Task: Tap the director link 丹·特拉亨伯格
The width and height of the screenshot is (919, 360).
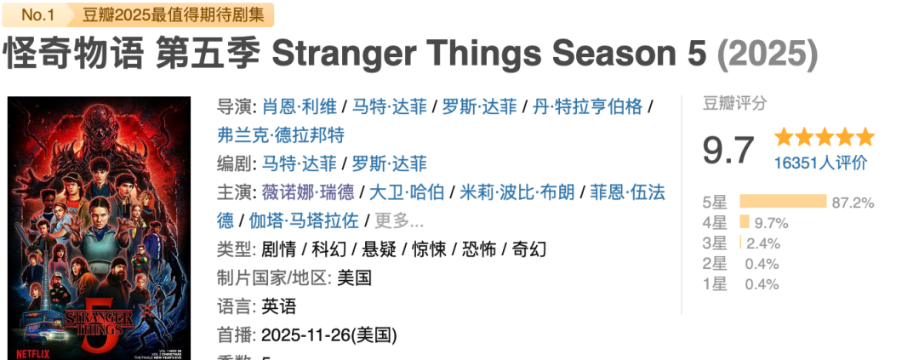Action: tap(588, 106)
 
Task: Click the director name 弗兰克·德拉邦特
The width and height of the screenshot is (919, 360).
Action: tap(280, 134)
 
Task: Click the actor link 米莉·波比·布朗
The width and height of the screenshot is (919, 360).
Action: tap(517, 191)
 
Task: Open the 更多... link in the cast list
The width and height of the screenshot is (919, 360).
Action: tap(399, 220)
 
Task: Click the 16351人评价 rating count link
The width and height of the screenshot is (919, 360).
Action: tap(820, 163)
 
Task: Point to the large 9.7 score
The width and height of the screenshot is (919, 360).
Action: tap(728, 151)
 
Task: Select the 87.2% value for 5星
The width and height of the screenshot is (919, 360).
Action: tap(853, 203)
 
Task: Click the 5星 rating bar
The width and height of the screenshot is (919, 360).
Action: tap(783, 202)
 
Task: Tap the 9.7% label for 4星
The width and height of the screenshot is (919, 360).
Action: tap(772, 223)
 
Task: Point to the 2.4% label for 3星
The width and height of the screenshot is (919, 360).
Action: tap(763, 243)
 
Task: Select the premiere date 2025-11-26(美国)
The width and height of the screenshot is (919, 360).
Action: tap(329, 334)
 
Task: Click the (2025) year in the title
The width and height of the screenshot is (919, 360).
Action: tap(767, 54)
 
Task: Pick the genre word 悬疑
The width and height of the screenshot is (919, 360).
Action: tap(379, 249)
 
